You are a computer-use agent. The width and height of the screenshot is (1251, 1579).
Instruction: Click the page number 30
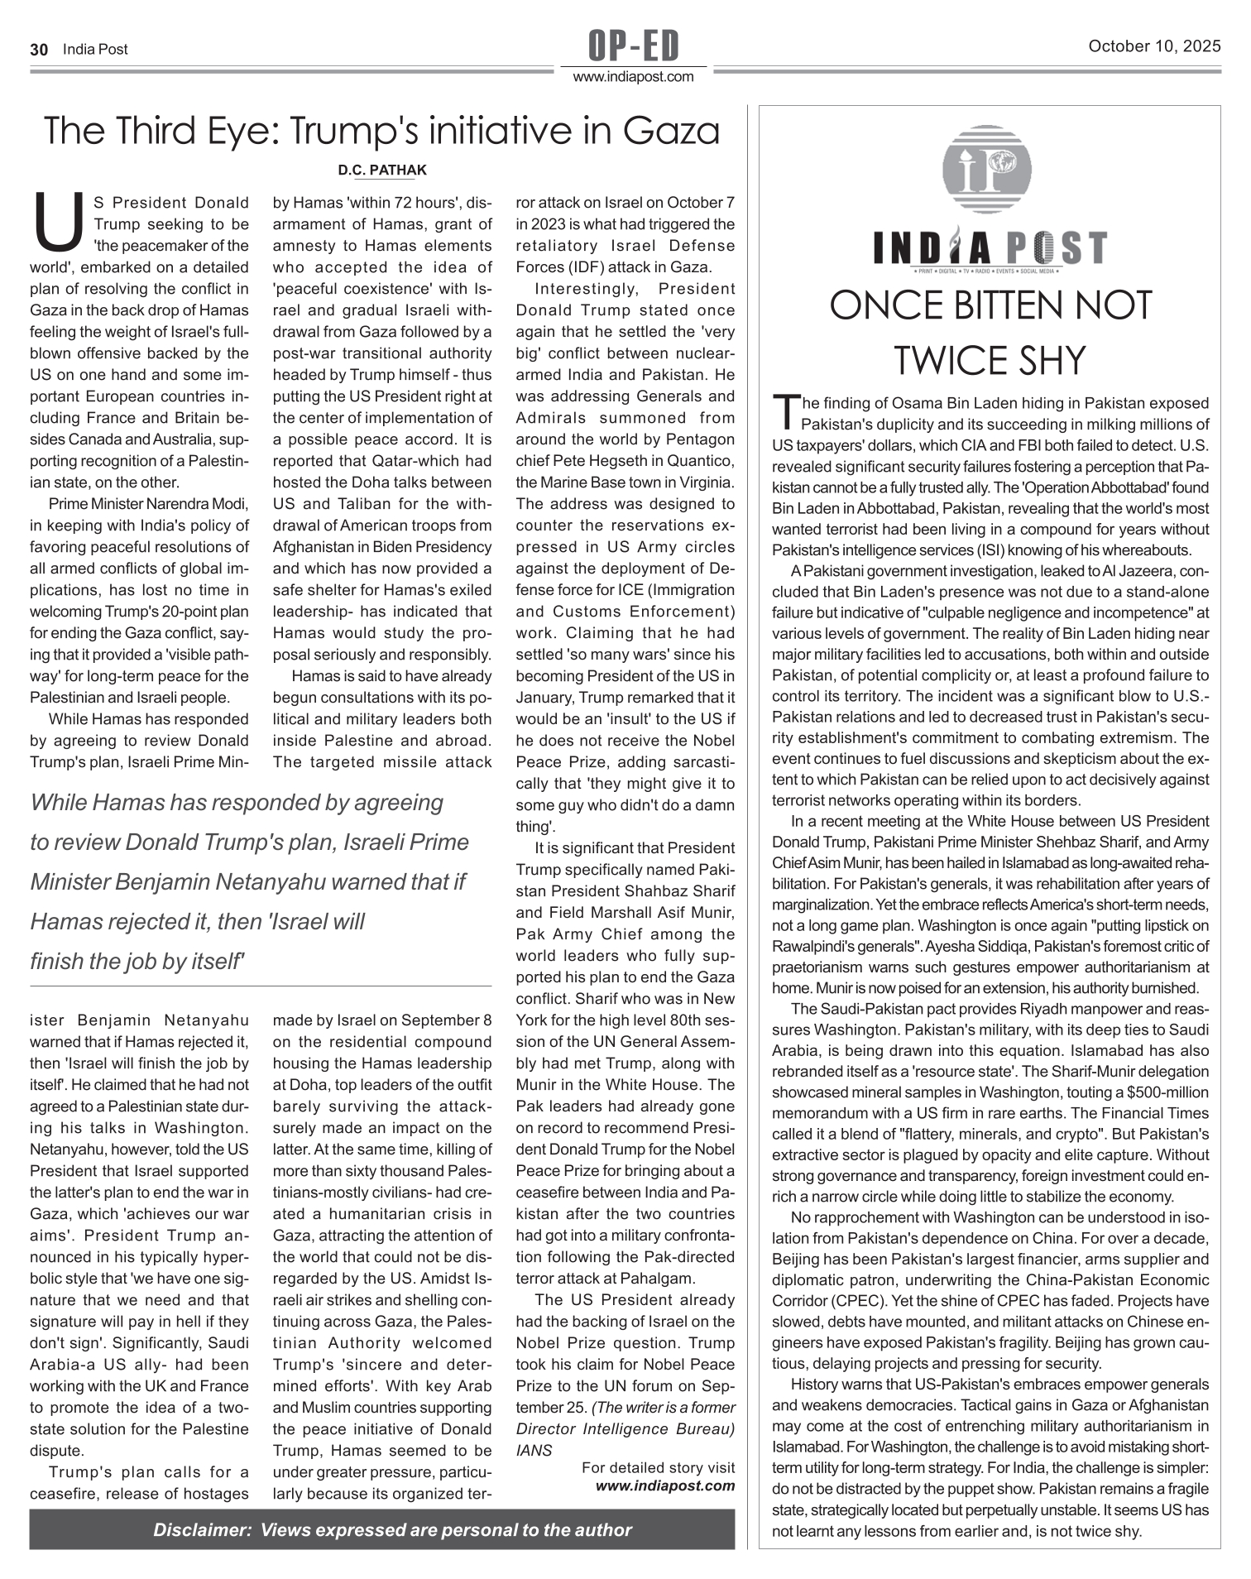coord(38,50)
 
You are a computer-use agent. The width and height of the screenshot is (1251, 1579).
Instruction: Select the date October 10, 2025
coord(1154,47)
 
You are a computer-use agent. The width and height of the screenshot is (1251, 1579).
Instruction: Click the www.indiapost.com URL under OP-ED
coord(634,77)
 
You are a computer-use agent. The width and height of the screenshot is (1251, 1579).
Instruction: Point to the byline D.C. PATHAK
coord(382,170)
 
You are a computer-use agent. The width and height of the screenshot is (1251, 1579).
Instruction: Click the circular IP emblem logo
coord(988,170)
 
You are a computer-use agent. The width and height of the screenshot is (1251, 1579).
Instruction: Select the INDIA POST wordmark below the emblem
coord(990,248)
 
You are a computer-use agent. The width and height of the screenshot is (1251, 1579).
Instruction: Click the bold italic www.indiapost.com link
coord(665,1485)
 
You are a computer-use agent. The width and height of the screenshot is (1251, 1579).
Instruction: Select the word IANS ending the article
coord(534,1450)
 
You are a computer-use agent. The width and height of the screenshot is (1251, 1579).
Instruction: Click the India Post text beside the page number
coord(95,50)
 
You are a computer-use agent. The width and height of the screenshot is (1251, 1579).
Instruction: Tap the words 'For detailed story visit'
coord(658,1468)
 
